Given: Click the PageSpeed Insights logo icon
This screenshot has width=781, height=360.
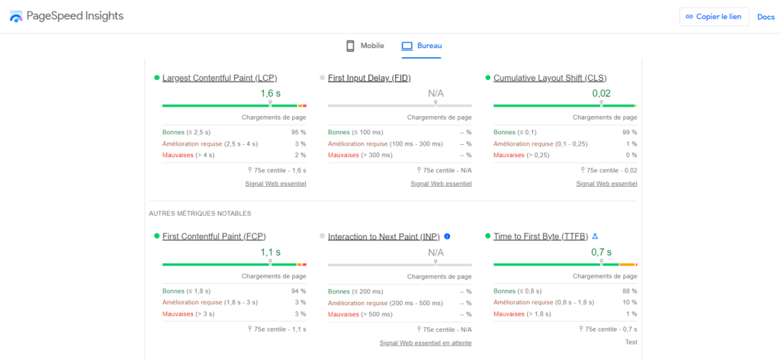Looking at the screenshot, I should (16, 17).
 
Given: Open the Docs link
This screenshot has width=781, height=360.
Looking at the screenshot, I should (765, 17).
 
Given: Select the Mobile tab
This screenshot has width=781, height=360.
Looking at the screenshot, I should (365, 46).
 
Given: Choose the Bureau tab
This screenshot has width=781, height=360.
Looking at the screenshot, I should (422, 46).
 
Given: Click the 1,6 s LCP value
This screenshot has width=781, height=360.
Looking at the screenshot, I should (270, 93).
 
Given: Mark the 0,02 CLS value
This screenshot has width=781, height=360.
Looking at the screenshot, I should (601, 93).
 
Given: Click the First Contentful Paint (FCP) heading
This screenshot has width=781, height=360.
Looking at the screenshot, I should (214, 236).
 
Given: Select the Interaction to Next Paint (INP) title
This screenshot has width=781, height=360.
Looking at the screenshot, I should (384, 237).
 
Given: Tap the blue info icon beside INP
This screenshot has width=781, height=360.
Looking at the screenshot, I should (447, 236).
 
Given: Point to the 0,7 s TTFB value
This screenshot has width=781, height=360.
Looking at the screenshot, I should (601, 252).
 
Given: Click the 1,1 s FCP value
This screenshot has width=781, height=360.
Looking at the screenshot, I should (270, 252).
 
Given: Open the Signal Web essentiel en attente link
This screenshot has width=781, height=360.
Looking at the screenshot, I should (426, 342).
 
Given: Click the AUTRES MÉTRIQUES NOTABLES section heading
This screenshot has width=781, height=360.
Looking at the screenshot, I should (200, 214).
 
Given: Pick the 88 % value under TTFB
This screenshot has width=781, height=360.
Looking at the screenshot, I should (629, 291).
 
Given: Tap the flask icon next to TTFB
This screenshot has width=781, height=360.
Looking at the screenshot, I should (595, 236).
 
